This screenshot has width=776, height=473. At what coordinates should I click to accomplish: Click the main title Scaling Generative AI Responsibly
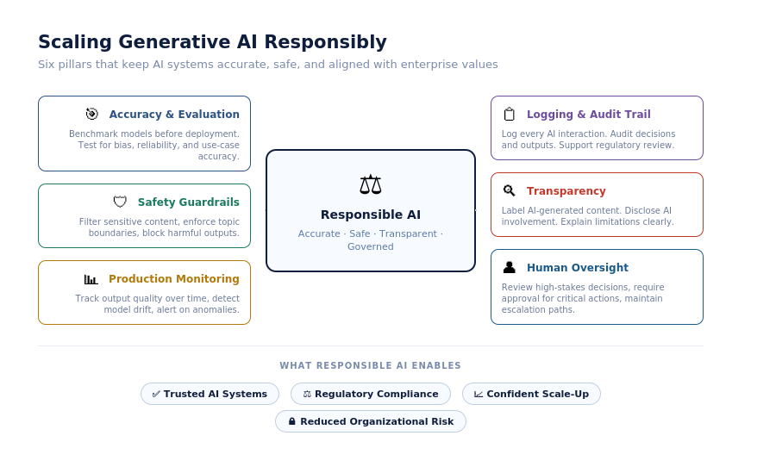[212, 42]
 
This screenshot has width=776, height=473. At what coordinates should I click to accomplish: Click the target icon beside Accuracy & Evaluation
[91, 114]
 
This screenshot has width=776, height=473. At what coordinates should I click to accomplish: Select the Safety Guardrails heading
[189, 202]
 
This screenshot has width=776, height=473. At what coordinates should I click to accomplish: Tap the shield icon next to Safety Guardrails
[120, 202]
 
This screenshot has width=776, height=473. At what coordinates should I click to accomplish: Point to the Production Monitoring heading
[173, 278]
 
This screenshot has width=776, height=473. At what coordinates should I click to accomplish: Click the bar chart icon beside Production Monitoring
[91, 279]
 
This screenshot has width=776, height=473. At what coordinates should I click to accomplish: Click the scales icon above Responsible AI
[371, 184]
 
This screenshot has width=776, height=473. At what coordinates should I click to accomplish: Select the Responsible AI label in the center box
[371, 215]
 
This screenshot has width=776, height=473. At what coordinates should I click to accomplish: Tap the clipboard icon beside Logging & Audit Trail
[509, 115]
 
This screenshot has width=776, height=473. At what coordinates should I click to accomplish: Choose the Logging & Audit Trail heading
[588, 115]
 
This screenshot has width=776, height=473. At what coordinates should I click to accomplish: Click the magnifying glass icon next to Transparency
[510, 190]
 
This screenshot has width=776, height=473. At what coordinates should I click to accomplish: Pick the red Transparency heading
[566, 191]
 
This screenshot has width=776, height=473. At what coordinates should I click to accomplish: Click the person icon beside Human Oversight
[510, 267]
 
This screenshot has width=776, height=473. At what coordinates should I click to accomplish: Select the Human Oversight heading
[578, 268]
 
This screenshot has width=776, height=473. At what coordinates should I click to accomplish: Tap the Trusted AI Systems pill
[210, 394]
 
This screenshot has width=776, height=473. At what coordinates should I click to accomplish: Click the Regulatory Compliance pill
[371, 394]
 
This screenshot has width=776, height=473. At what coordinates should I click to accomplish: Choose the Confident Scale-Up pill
[531, 394]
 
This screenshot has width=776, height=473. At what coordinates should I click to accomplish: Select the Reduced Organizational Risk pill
[371, 421]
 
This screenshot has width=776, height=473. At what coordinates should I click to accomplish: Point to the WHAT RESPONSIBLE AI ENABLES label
[371, 365]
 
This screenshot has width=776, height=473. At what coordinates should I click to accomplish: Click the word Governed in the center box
[371, 246]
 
